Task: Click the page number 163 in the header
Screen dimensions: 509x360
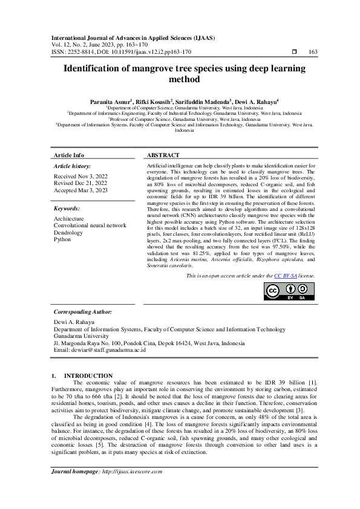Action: click(x=313, y=52)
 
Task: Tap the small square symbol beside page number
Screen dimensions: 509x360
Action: click(x=294, y=52)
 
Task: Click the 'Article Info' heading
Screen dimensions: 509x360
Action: click(x=69, y=155)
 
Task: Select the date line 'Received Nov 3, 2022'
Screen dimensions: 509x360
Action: click(x=80, y=176)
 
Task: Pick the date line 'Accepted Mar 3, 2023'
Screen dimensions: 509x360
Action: click(x=80, y=189)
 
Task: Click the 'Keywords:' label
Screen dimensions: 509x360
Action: click(x=67, y=208)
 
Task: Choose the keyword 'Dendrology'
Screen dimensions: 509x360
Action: click(x=68, y=232)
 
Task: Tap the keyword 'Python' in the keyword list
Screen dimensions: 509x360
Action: click(x=62, y=239)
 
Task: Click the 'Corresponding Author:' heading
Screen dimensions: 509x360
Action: click(x=83, y=312)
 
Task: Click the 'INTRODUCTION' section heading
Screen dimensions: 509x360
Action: click(x=88, y=376)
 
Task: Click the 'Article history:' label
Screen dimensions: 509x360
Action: click(x=72, y=166)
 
